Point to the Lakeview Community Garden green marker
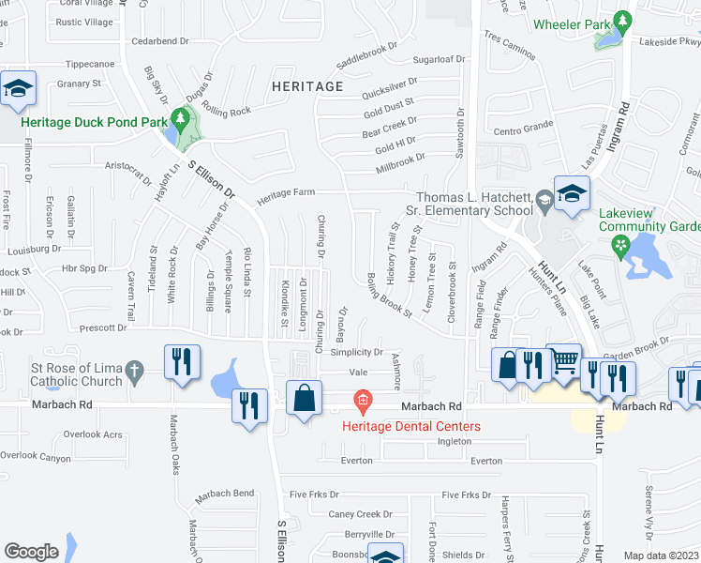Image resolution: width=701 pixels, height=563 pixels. coord(619,247)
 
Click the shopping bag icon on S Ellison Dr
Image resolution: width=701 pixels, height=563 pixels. coord(304,397)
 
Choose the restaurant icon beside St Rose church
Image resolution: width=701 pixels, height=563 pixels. coord(182,362)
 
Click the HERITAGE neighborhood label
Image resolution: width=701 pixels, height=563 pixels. coord(307,86)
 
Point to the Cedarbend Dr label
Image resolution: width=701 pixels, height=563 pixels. coord(160,41)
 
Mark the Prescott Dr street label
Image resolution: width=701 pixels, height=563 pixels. coord(102,328)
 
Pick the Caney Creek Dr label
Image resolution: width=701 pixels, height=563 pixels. coord(361,514)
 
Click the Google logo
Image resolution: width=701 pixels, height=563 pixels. coord(31,552)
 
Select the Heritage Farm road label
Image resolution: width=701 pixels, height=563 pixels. coord(286,192)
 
